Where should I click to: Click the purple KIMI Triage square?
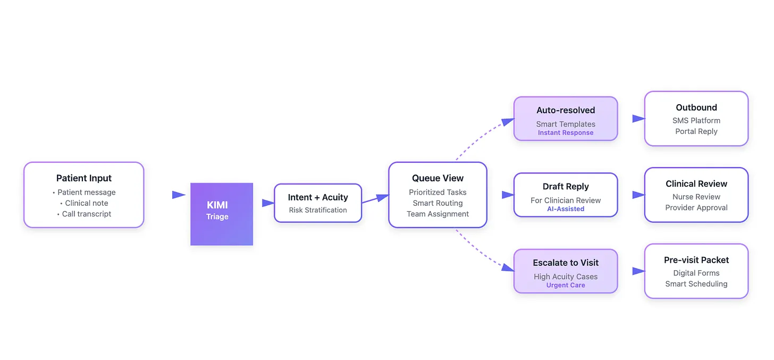point(222,214)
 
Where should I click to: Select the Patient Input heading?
point(84,178)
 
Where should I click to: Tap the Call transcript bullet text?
point(86,214)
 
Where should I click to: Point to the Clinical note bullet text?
point(87,203)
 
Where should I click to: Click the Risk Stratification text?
point(318,210)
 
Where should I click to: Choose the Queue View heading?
point(438,178)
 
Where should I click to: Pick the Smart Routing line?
point(438,203)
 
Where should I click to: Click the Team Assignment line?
point(438,214)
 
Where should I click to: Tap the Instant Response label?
point(566,133)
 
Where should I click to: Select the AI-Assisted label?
point(566,209)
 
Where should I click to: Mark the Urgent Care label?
point(566,285)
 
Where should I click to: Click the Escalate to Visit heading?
point(566,263)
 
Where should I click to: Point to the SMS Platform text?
point(696,121)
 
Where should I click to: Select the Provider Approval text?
point(696,207)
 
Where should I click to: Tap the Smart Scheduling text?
point(696,283)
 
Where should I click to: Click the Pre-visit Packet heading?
point(696,260)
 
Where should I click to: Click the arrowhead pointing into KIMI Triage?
point(179,195)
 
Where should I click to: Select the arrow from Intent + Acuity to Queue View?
point(375,199)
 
